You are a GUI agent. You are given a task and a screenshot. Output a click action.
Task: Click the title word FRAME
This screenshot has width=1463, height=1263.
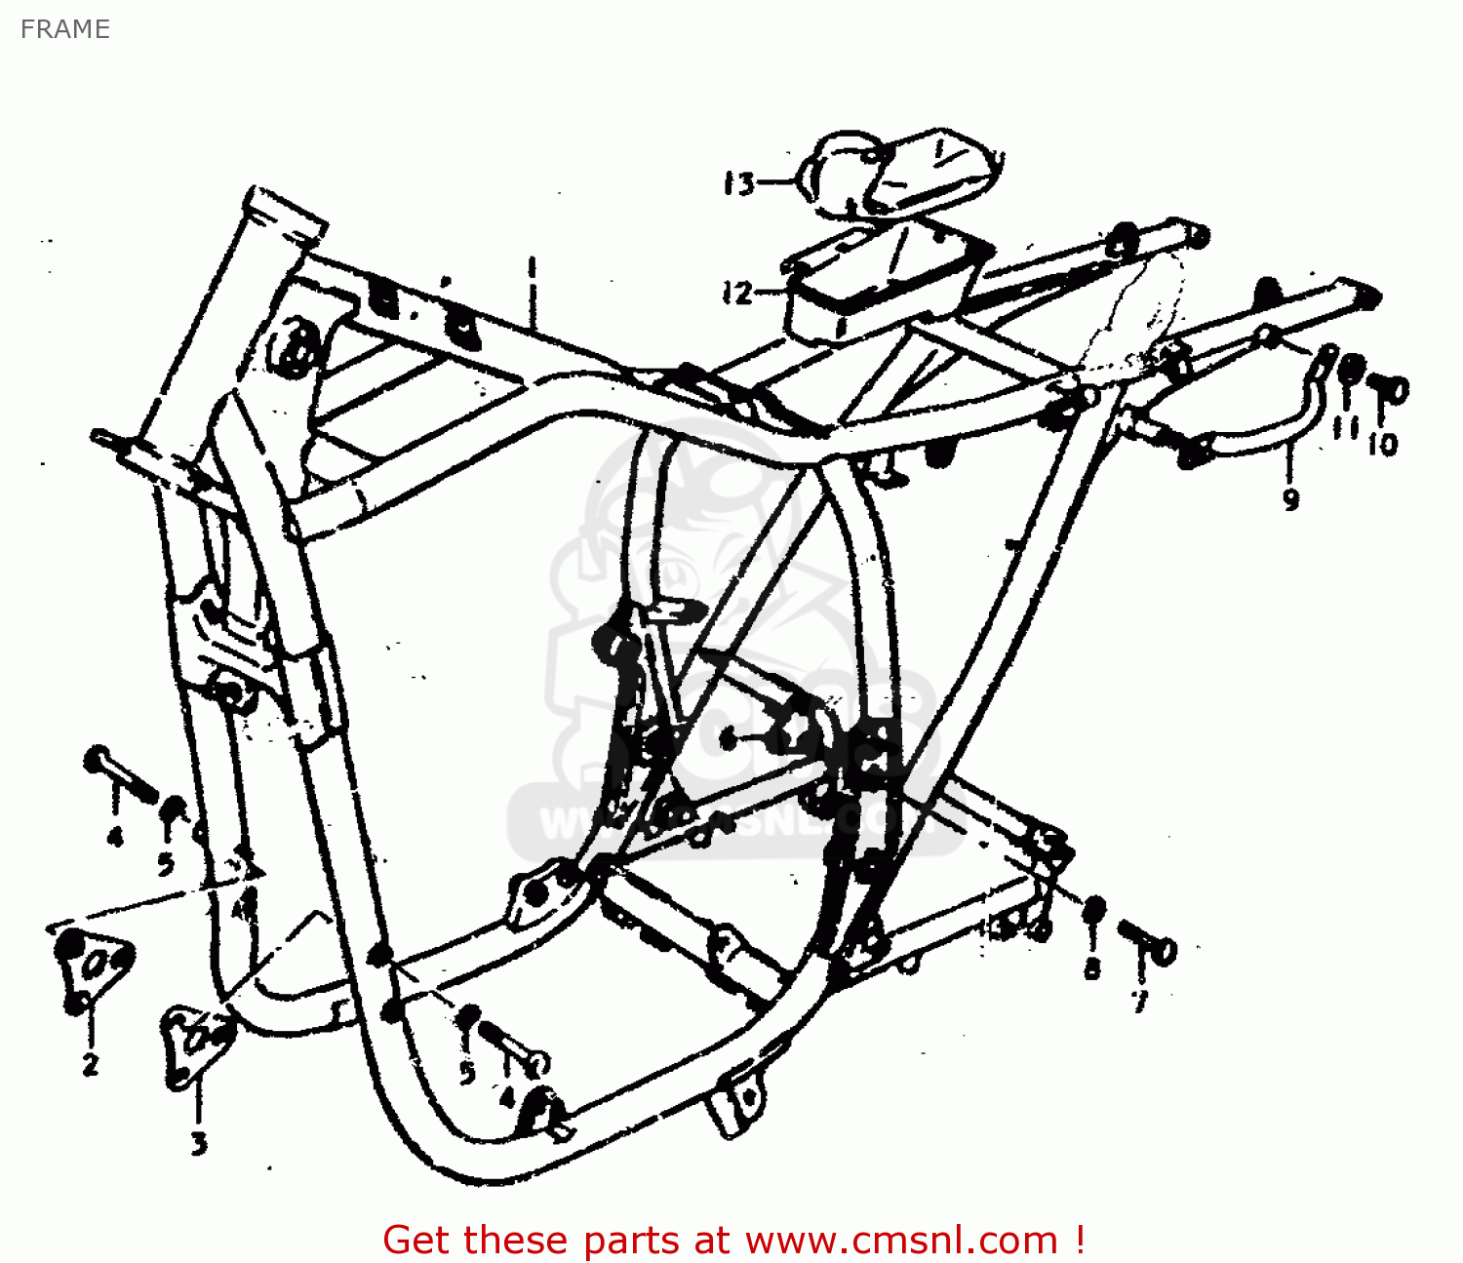[x=64, y=29]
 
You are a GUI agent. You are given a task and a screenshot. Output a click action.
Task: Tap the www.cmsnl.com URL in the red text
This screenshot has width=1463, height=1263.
[x=901, y=1241]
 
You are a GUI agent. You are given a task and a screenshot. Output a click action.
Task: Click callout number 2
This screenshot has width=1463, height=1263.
[x=91, y=1063]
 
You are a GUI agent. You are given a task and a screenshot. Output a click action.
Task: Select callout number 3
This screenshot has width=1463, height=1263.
[x=199, y=1142]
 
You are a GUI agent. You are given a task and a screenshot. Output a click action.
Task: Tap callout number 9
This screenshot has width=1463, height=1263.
[x=1290, y=499]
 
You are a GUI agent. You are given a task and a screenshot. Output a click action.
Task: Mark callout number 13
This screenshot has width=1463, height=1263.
[x=738, y=183]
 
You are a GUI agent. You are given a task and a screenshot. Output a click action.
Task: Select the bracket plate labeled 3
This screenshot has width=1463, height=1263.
[x=195, y=1044]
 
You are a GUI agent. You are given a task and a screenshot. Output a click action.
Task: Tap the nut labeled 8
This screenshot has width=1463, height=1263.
[x=1094, y=909]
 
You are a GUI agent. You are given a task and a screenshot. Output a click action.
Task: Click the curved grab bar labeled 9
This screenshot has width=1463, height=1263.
[x=1258, y=434]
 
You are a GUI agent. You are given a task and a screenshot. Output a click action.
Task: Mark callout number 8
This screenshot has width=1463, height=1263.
[x=1092, y=967]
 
